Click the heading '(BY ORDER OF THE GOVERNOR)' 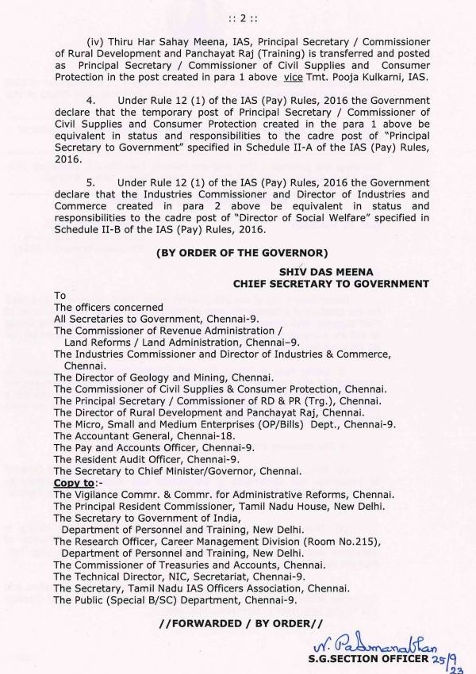242,253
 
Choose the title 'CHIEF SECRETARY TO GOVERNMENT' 331,283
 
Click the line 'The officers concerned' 109,308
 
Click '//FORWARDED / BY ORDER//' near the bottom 241,624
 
